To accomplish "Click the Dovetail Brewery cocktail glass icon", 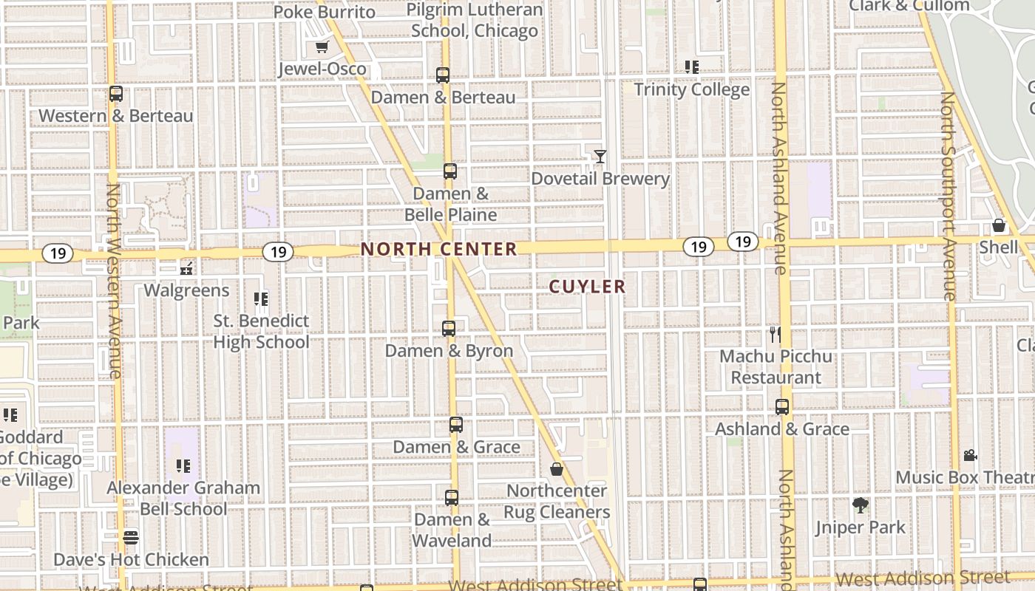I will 600,157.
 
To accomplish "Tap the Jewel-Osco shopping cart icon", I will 322,47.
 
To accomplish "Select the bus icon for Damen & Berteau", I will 443,75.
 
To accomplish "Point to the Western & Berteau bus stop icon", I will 116,94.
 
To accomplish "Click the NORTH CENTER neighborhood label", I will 439,249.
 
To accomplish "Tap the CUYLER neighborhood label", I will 588,287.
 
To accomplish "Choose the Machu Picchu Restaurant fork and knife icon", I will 775,334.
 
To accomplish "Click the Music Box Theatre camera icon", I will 971,455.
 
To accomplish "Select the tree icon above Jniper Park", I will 860,505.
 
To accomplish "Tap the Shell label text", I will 998,247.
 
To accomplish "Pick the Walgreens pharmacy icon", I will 187,268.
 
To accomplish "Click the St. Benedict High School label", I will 261,332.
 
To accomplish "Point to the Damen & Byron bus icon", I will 449,329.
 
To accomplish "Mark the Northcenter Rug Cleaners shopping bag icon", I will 557,469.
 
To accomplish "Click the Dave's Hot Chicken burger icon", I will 131,537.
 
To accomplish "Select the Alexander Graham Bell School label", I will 183,499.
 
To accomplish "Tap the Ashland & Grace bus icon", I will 782,406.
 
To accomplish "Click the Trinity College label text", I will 692,89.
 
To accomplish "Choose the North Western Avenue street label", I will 114,281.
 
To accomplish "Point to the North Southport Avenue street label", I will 949,196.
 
